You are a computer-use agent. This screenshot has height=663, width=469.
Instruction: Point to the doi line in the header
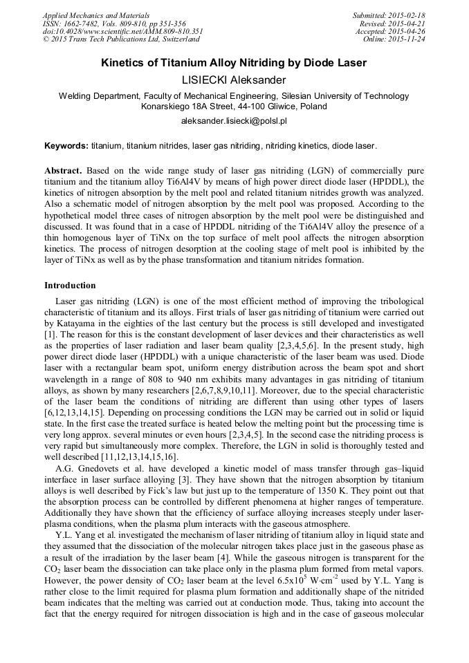[x=122, y=31]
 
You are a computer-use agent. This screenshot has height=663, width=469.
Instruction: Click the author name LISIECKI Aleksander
[x=234, y=80]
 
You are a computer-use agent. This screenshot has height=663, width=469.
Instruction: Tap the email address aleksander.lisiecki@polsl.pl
[x=234, y=121]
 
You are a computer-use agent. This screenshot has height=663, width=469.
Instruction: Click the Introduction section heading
[x=70, y=285]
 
